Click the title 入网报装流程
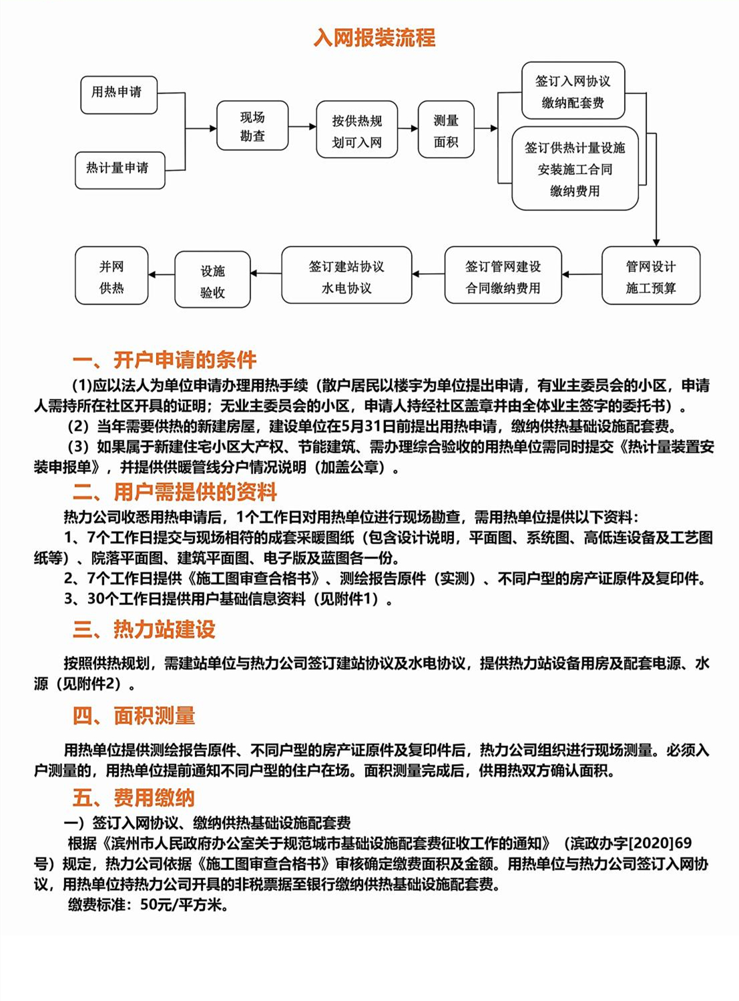pyautogui.click(x=375, y=37)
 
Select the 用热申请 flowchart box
pyautogui.click(x=118, y=93)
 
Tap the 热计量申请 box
pyautogui.click(x=119, y=169)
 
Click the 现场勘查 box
pyautogui.click(x=252, y=126)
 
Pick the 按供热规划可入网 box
pyautogui.click(x=356, y=130)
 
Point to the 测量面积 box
pyautogui.click(x=446, y=130)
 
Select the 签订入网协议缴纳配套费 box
pyautogui.click(x=573, y=91)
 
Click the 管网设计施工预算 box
pyautogui.click(x=650, y=276)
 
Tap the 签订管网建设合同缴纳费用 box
pyautogui.click(x=503, y=276)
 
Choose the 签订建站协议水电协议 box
pyautogui.click(x=346, y=276)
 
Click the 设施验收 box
pyautogui.click(x=212, y=280)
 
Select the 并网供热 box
pyautogui.click(x=111, y=276)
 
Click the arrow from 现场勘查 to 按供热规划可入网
pyautogui.click(x=302, y=126)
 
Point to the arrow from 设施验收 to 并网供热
pyautogui.click(x=161, y=274)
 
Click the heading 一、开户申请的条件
pyautogui.click(x=164, y=361)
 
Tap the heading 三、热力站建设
pyautogui.click(x=144, y=630)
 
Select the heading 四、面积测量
pyautogui.click(x=134, y=717)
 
